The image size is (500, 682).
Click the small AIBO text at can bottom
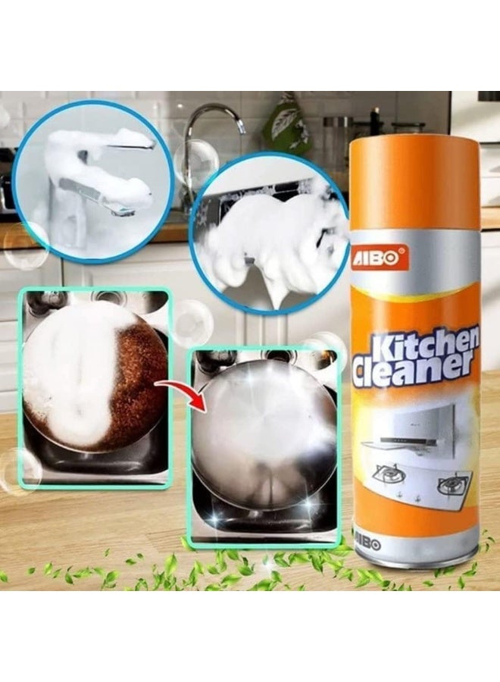(x=370, y=545)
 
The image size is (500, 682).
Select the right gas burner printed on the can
(x=452, y=483)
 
